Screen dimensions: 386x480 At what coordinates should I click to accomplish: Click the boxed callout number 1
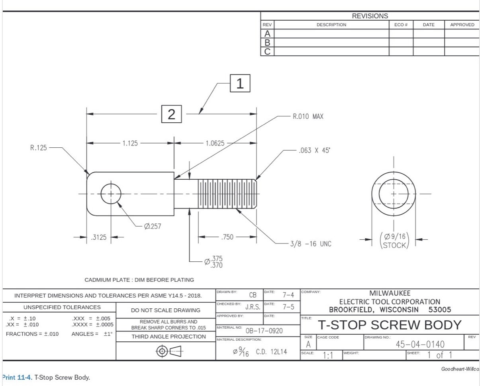click(240, 83)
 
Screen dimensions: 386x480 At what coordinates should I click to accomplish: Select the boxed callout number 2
click(171, 114)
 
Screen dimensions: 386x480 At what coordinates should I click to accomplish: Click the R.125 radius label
click(38, 148)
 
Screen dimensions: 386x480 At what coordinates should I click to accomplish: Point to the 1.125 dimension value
click(130, 143)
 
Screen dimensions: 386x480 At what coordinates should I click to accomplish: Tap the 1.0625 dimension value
click(215, 143)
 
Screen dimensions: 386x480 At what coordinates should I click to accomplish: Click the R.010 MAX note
click(308, 117)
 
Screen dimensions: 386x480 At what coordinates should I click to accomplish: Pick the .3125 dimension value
click(99, 237)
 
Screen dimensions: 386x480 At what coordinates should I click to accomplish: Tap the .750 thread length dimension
click(227, 237)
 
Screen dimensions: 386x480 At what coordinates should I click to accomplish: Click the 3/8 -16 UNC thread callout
click(310, 244)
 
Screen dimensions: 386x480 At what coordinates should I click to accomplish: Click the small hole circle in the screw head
click(110, 194)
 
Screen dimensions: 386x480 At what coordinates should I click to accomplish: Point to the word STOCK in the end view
click(394, 245)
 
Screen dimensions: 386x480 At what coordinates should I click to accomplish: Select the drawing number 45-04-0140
click(420, 344)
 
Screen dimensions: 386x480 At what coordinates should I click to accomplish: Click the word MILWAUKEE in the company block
click(390, 293)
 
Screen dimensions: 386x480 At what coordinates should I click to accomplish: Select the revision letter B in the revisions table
click(267, 43)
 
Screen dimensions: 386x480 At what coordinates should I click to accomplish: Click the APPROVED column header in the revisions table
click(462, 25)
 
